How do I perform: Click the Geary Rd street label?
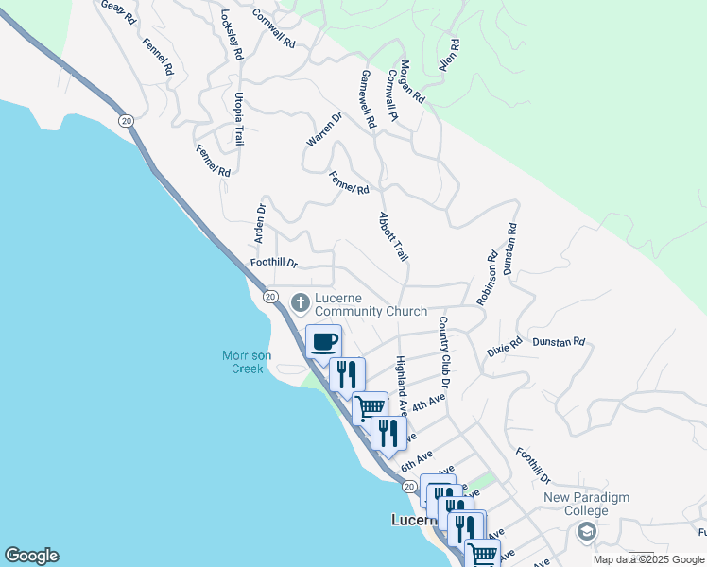(118, 11)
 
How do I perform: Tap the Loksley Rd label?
(232, 35)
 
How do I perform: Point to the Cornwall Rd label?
(274, 29)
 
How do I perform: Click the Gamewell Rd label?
(370, 98)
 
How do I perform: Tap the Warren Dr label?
(323, 129)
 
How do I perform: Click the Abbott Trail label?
(393, 236)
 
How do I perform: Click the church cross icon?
(301, 303)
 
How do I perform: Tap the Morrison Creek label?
(247, 362)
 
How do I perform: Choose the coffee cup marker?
(323, 340)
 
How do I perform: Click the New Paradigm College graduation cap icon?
(586, 533)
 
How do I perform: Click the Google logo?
(31, 556)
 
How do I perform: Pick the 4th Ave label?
(428, 402)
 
